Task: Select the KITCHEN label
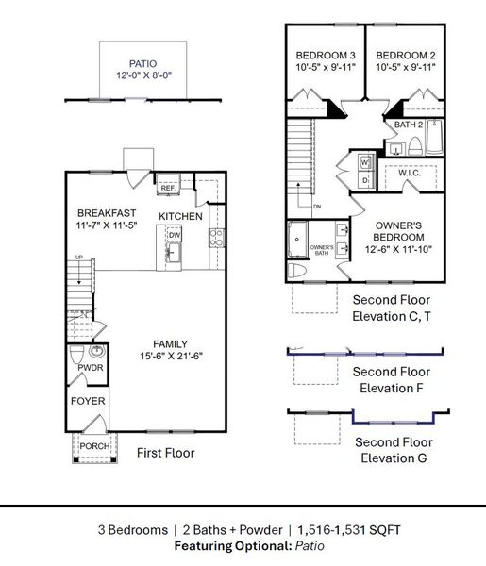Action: click(x=180, y=217)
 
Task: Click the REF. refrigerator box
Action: click(x=168, y=189)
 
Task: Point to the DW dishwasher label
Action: click(x=174, y=236)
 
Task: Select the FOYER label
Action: click(x=89, y=401)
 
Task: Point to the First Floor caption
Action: click(x=165, y=453)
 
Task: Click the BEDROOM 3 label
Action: click(x=324, y=54)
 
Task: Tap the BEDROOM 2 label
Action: click(x=403, y=54)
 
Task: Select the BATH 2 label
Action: click(x=408, y=125)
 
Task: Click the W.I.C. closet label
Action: click(x=410, y=174)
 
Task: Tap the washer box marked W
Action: click(x=364, y=162)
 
